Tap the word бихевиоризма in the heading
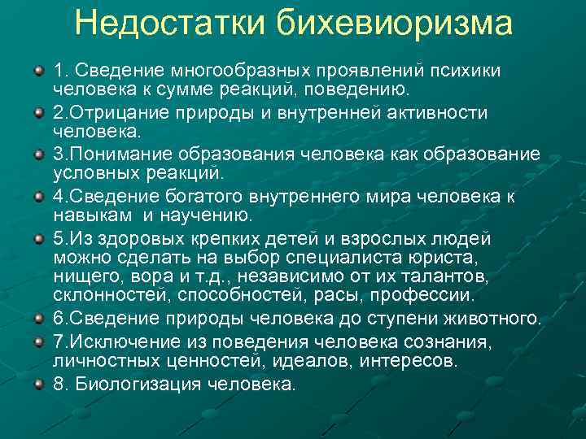click(392, 24)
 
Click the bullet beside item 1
click(38, 70)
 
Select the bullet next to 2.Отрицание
click(38, 112)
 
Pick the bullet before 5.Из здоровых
click(38, 239)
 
